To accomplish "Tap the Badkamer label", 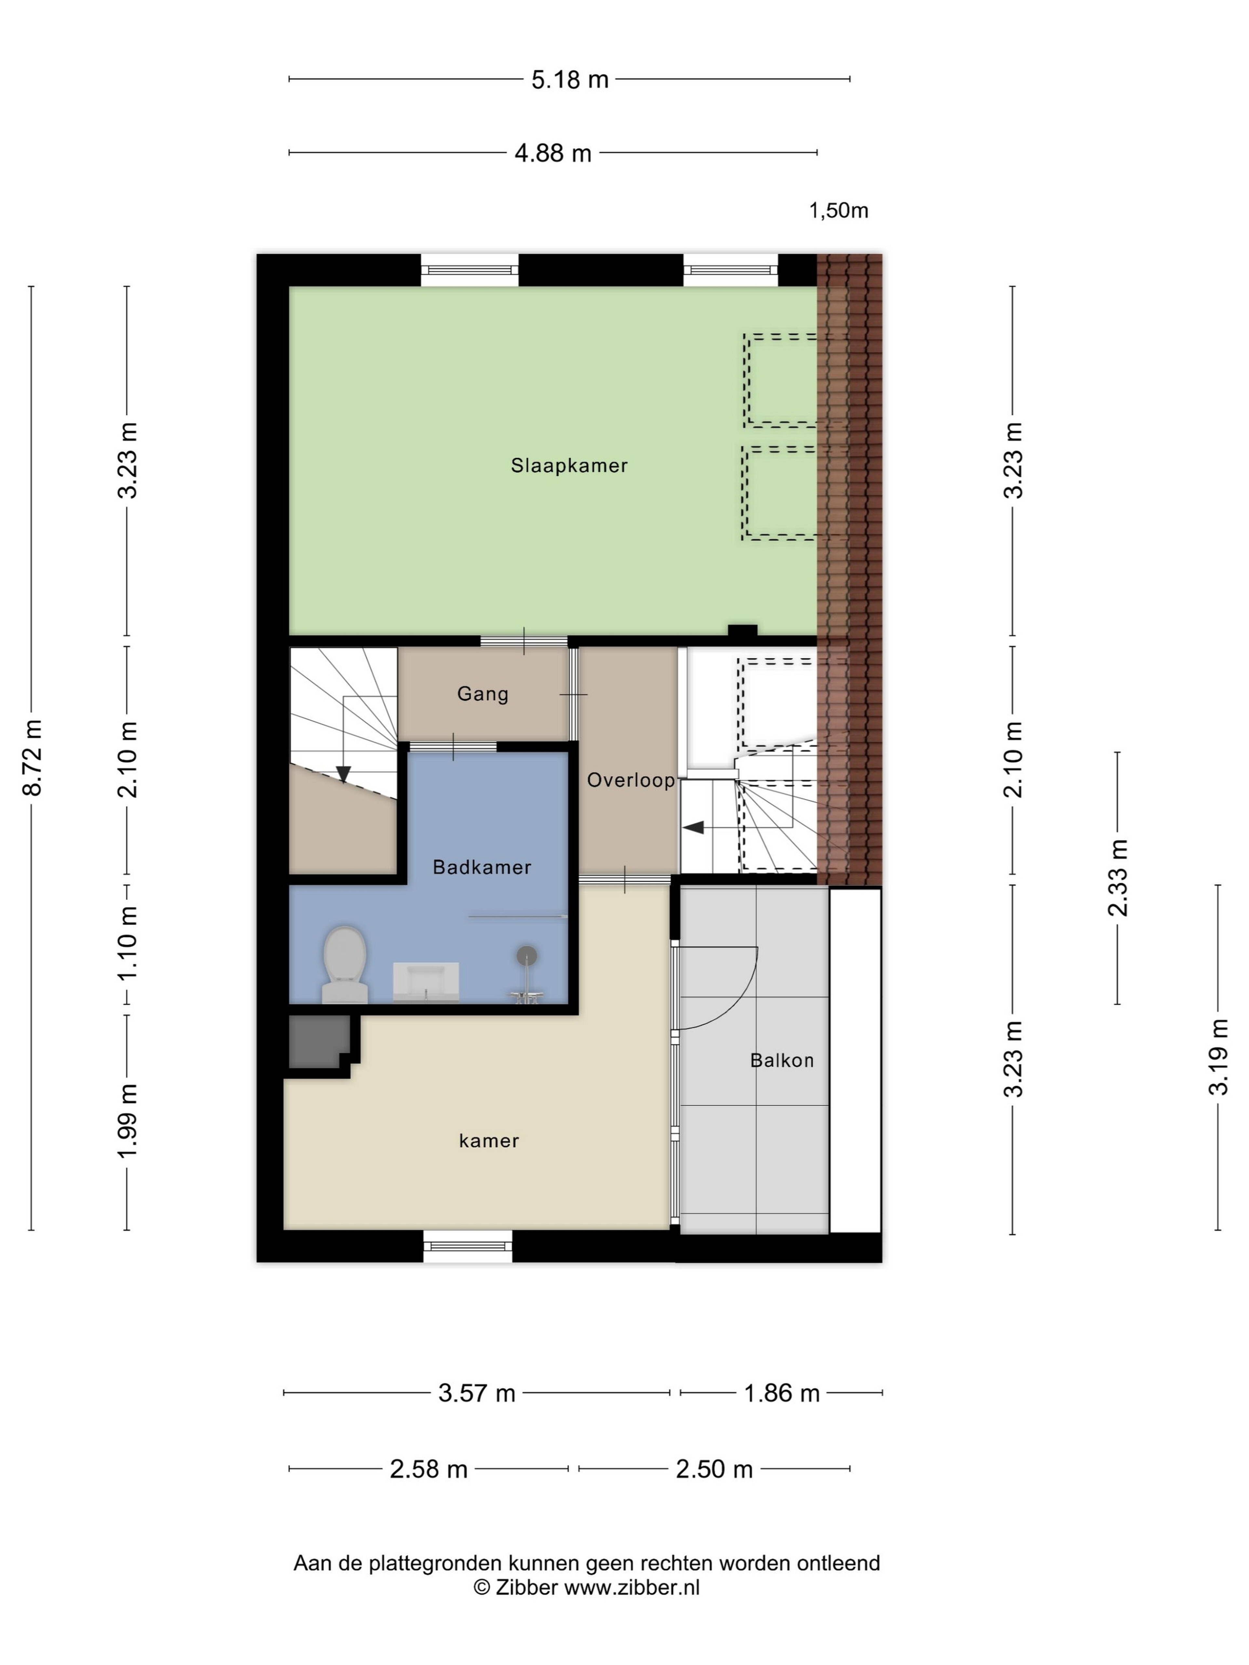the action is [482, 867].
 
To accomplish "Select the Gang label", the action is [483, 694].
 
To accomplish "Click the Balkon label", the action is [782, 1060].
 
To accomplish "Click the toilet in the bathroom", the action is [345, 965].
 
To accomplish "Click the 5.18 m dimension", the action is [570, 79].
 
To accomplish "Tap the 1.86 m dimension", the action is [782, 1393].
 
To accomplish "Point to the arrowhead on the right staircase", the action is [692, 828].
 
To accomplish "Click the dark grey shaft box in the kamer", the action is [320, 1041].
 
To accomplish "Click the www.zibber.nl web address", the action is [632, 1588].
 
